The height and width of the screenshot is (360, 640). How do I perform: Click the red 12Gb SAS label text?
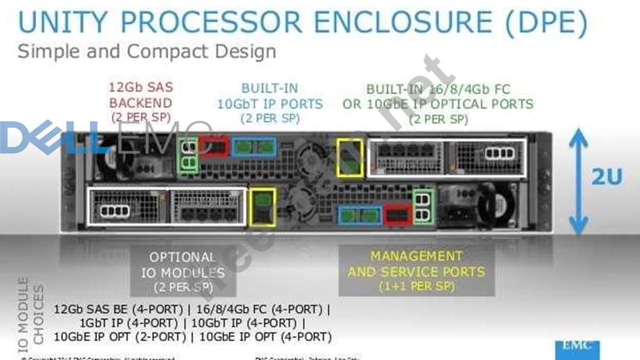(x=140, y=88)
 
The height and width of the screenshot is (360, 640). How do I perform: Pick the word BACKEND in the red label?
(x=140, y=104)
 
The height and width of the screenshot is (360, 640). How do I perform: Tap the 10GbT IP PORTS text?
(x=270, y=104)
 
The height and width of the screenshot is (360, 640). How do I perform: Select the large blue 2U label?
(x=606, y=178)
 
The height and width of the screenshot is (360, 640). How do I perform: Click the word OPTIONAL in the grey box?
(x=183, y=258)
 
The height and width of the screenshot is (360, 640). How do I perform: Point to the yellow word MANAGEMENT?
(x=416, y=256)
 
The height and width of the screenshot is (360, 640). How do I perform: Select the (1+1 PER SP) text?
(x=416, y=287)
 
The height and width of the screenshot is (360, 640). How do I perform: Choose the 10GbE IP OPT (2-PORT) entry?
(x=120, y=337)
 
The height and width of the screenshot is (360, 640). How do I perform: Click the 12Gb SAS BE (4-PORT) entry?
(x=119, y=309)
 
